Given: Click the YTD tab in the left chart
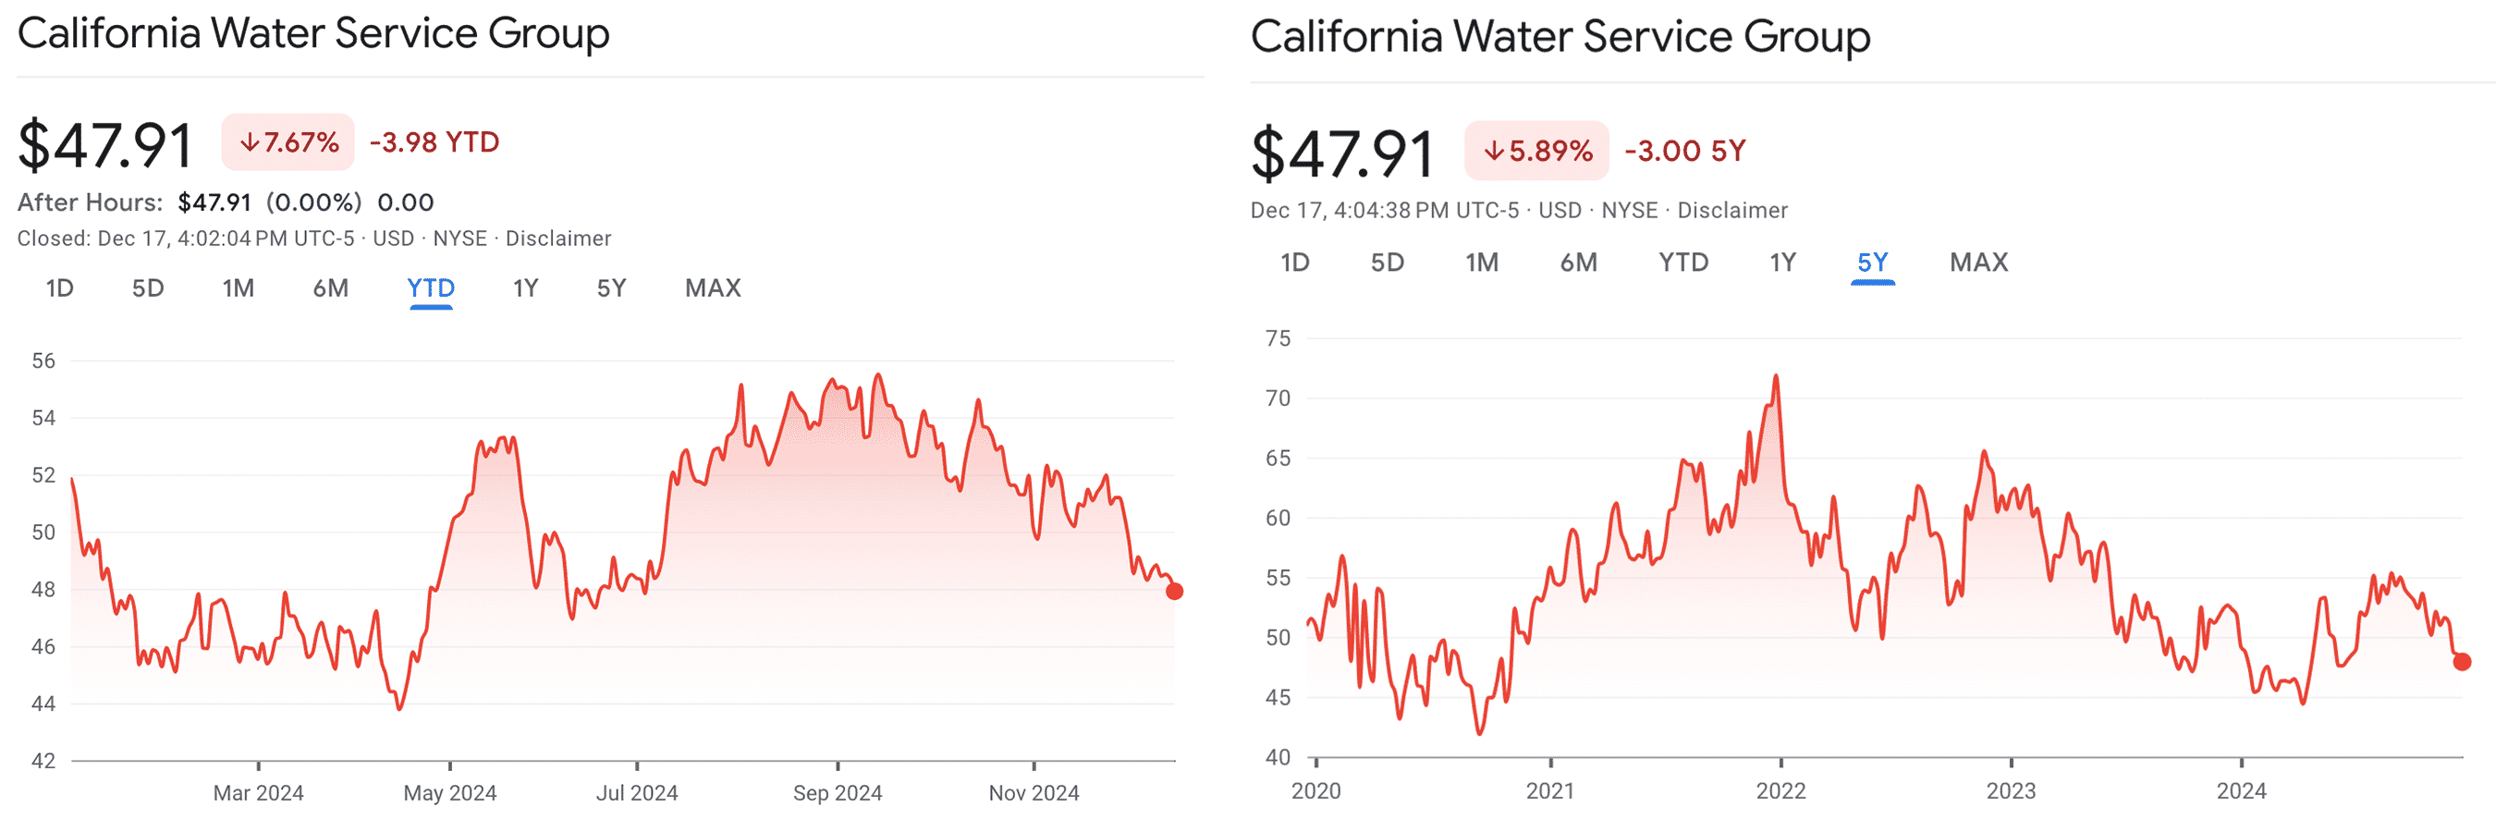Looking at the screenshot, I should tap(430, 288).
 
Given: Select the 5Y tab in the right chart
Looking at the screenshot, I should tap(1872, 263).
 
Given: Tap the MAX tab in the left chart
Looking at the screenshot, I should tap(712, 288).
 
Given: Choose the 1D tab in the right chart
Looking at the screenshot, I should tap(1294, 263).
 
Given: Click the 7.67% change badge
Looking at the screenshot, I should tap(288, 142).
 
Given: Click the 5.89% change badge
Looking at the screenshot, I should tap(1536, 150).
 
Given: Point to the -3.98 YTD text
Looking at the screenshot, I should tap(434, 142).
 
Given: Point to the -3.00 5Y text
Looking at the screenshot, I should tap(1685, 150).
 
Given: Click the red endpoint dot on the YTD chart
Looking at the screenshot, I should tap(1174, 591).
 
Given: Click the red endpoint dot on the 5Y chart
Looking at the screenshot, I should tap(2462, 662).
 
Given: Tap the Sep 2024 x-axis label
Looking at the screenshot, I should tap(838, 792).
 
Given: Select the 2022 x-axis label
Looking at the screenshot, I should tap(1780, 790).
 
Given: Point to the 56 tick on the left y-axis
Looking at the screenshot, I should tap(43, 361).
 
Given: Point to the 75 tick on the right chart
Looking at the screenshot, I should tap(1278, 338).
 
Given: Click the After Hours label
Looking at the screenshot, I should tap(90, 202).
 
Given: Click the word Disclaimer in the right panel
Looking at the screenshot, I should tap(1732, 210).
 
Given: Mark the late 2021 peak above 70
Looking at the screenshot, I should tap(1776, 376).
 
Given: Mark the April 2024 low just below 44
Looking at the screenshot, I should tap(399, 708).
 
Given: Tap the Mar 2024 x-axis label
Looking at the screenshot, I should tap(258, 792).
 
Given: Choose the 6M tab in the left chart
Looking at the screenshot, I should tap(330, 288).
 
